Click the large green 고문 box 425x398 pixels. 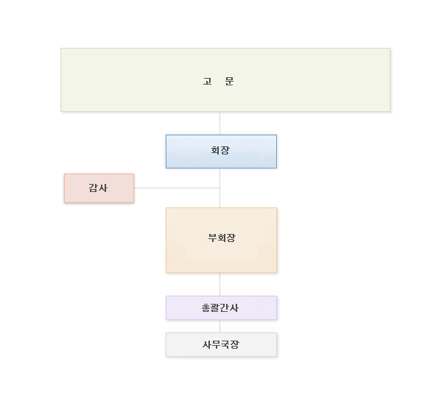tap(225, 80)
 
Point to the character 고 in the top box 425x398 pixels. tap(208, 81)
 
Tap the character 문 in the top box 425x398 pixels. tap(229, 81)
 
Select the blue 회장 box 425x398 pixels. tap(221, 152)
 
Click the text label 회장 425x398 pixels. tap(220, 150)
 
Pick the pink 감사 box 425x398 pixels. tap(99, 188)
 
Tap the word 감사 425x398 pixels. tap(98, 188)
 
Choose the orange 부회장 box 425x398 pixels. tap(221, 240)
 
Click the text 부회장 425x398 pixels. tap(222, 238)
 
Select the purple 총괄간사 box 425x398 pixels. tap(221, 308)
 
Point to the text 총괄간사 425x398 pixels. tap(220, 308)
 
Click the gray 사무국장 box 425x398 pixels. tap(221, 344)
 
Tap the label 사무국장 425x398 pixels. tap(221, 344)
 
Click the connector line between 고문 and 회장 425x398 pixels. tap(219, 123)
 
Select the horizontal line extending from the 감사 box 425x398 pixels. tap(177, 188)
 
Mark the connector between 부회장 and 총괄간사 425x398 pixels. tap(219, 284)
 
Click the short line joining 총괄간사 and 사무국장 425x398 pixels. tap(219, 326)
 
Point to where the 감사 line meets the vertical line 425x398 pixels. tap(219, 188)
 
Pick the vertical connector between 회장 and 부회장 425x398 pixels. tap(219, 188)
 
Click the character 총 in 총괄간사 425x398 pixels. tap(206, 308)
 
